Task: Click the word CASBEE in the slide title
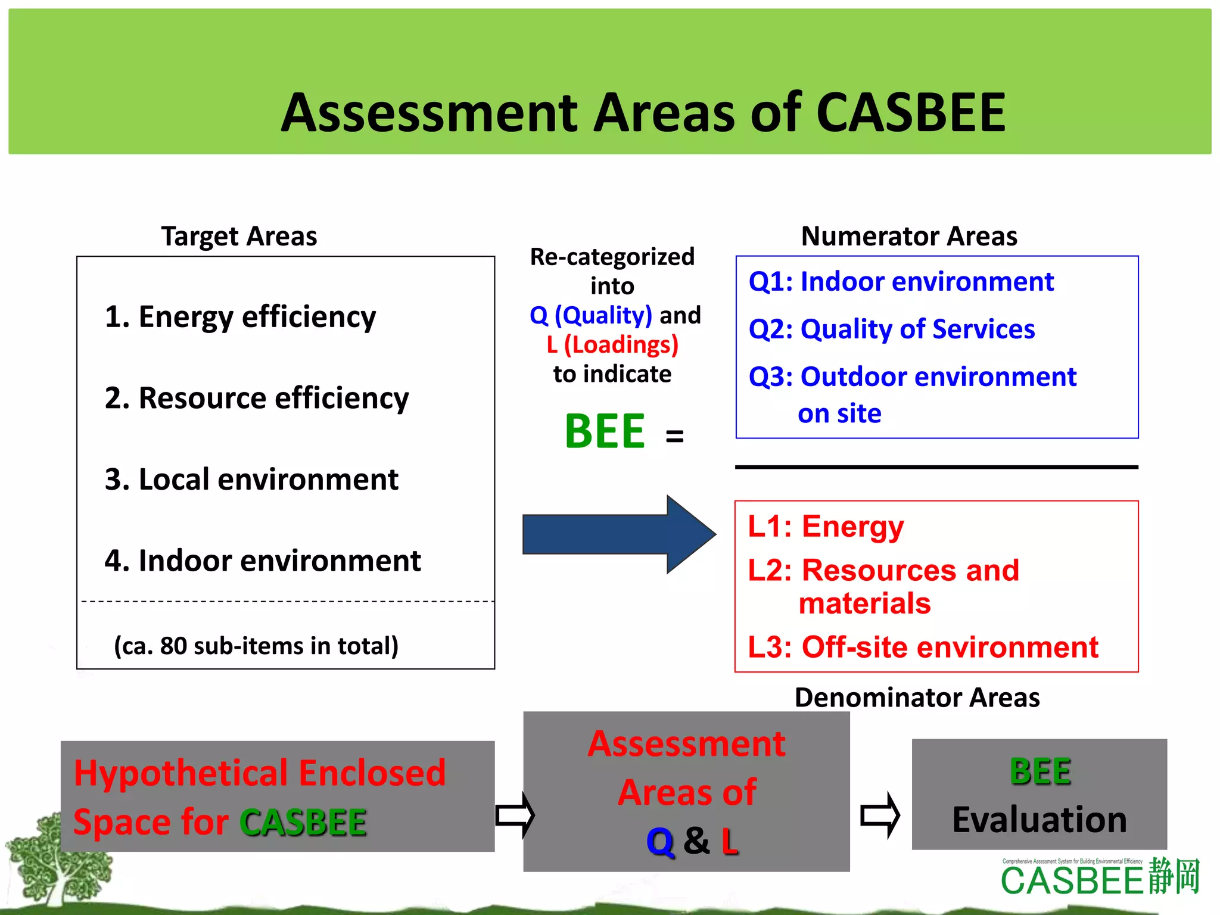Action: pos(910,113)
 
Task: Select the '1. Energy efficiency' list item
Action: pos(240,316)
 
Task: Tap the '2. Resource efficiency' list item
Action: pos(257,398)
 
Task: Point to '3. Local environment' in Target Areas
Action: pos(251,480)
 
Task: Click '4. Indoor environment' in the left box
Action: pos(263,561)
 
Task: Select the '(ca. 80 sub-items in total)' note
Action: pos(256,646)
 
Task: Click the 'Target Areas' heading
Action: pos(239,236)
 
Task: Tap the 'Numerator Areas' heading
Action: pos(909,236)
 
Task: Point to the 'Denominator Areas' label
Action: pos(917,697)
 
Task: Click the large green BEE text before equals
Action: pos(604,431)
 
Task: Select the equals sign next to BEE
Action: pos(674,436)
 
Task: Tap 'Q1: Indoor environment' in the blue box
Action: pos(901,281)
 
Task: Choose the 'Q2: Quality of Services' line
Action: pos(891,329)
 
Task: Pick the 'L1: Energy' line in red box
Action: pos(826,527)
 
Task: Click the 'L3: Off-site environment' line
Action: pos(923,647)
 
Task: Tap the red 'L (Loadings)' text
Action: pos(612,344)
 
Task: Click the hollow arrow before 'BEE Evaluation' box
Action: pos(880,815)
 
